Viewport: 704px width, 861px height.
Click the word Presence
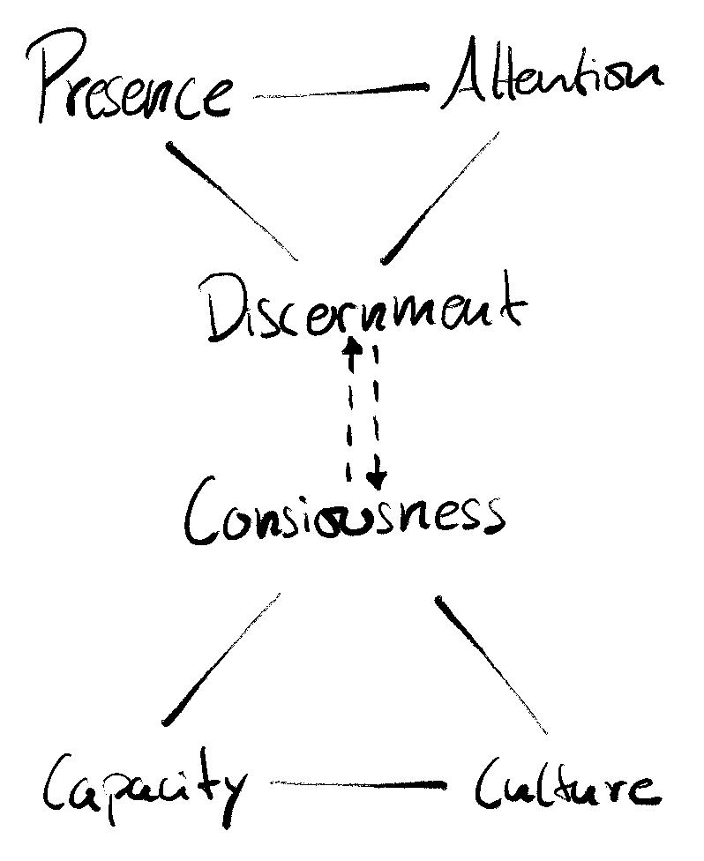pos(132,88)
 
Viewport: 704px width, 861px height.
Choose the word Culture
pos(565,785)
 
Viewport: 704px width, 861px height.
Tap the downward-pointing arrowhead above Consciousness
pos(378,481)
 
